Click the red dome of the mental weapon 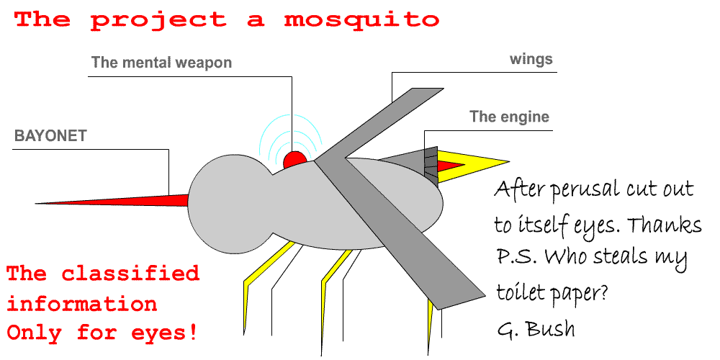point(294,161)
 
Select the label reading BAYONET point(50,136)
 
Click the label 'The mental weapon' point(161,62)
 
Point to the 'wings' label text point(531,60)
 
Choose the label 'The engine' point(509,117)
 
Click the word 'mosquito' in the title point(361,19)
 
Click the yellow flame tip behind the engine point(473,165)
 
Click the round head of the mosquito point(230,204)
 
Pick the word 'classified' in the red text point(130,274)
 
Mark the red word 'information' point(82,303)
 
